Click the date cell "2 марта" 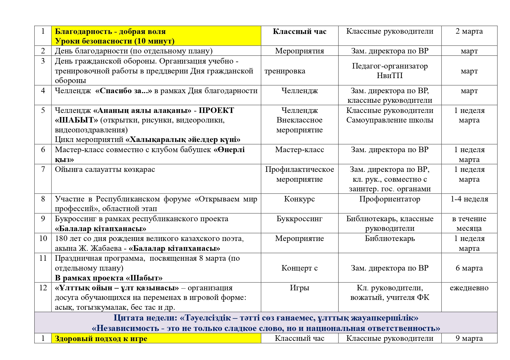(469, 31)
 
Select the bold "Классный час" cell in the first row (299, 32)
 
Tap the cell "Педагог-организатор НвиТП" (390, 71)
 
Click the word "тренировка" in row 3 (285, 71)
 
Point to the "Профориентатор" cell (390, 199)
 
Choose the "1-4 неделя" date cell (469, 199)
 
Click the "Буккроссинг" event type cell (299, 219)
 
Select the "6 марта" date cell (469, 268)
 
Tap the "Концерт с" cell (299, 268)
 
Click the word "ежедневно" (469, 288)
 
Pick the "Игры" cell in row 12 (299, 288)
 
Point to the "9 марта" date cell (469, 339)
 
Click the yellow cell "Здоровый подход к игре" (101, 339)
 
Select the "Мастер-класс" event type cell (299, 150)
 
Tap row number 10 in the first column (43, 239)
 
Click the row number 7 (43, 169)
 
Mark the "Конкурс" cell (299, 199)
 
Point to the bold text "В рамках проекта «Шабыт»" (108, 278)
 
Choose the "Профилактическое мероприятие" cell (299, 174)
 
